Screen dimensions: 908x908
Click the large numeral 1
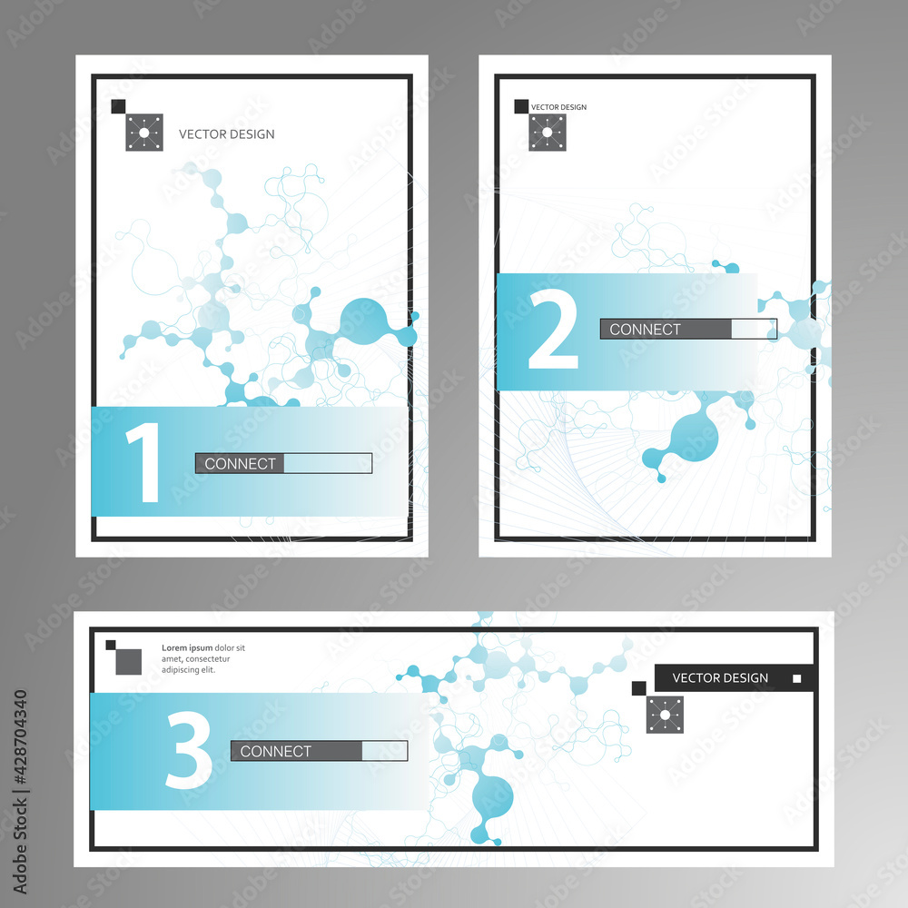(144, 461)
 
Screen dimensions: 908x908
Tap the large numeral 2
(553, 329)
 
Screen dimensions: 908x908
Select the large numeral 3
(190, 750)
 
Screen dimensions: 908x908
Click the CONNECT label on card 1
(240, 464)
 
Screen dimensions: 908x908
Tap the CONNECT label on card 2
(645, 330)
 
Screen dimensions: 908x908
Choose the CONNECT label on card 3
(276, 751)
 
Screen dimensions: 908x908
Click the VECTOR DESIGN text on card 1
(226, 134)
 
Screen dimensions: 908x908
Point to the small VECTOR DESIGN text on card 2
(558, 107)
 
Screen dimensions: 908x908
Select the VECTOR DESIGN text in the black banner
(720, 678)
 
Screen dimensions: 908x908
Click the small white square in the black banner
(797, 678)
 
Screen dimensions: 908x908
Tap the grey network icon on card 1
(144, 133)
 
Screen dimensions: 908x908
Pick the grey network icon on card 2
(548, 133)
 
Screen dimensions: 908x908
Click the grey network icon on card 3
(665, 716)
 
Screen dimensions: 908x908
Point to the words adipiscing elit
(188, 670)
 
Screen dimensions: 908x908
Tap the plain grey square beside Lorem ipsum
(129, 662)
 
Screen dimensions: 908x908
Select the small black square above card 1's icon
(118, 106)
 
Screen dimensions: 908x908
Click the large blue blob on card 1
(364, 322)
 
